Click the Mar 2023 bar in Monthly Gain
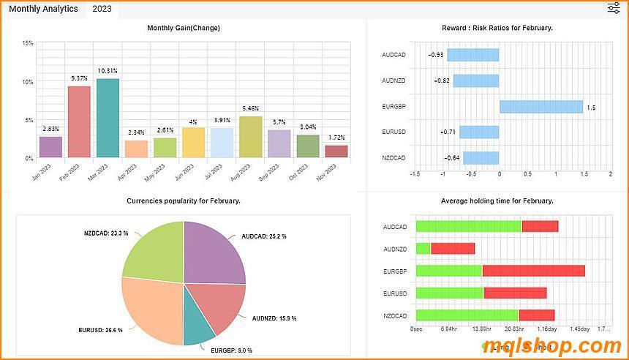(108, 118)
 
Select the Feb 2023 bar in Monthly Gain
(79, 121)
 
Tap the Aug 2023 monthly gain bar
(250, 137)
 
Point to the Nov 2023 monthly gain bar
(336, 151)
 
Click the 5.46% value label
(250, 108)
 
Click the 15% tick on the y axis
(28, 44)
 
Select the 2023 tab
(102, 9)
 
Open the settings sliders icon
(614, 8)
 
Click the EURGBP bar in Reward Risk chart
(541, 107)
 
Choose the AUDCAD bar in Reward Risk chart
(473, 55)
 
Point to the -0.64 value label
(452, 158)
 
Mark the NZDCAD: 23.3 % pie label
(106, 233)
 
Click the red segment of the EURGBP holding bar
(533, 271)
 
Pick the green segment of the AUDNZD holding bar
(423, 249)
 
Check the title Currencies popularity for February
(184, 200)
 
